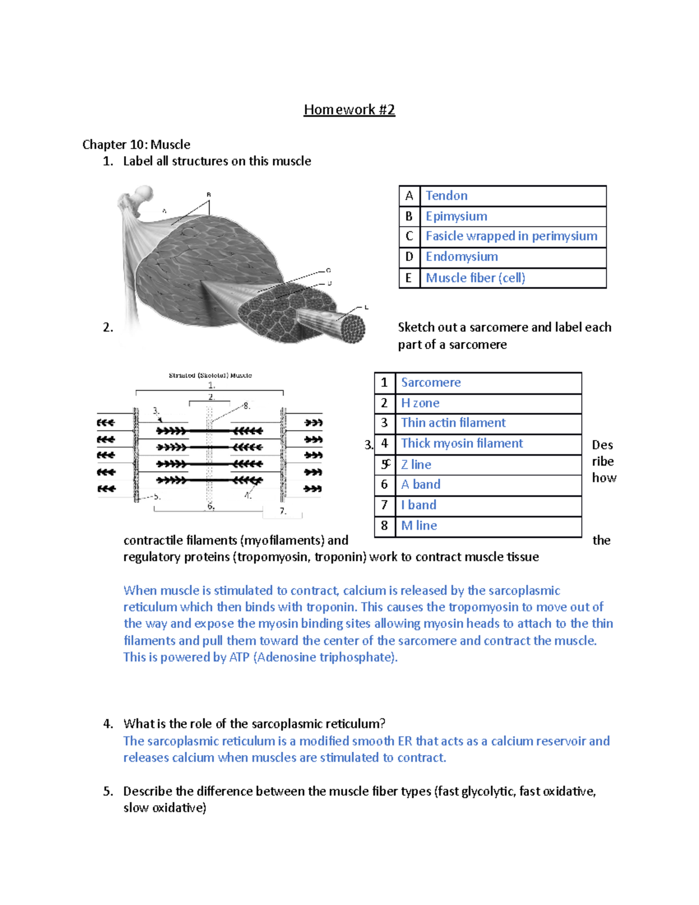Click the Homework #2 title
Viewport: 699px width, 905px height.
(x=349, y=110)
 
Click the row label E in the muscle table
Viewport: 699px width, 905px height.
(x=409, y=278)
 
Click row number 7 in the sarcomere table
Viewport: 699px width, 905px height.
(x=384, y=505)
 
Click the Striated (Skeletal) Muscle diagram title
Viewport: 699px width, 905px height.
(x=210, y=375)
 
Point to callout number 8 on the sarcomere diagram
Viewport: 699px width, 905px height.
(x=246, y=406)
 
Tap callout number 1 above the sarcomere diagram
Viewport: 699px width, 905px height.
(x=211, y=385)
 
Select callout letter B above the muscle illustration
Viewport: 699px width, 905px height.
(x=209, y=195)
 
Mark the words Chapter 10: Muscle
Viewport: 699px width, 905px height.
(x=136, y=145)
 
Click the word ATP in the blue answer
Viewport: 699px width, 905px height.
(x=239, y=657)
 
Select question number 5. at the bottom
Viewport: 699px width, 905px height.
(x=108, y=791)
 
